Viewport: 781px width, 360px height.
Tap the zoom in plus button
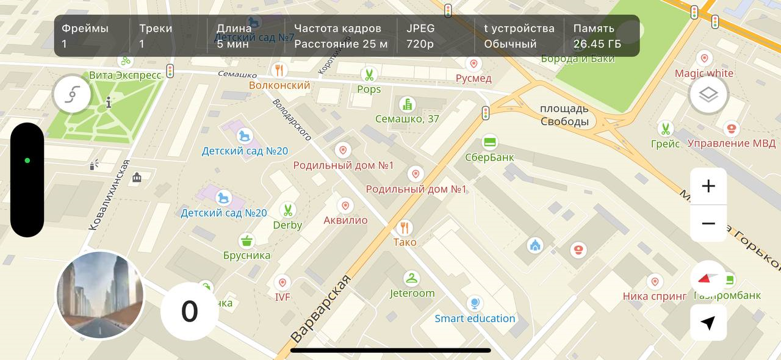[x=708, y=186]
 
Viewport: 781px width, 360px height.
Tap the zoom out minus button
[x=708, y=223]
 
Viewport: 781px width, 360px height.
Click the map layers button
[x=708, y=95]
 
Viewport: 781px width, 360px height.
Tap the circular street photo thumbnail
[x=100, y=295]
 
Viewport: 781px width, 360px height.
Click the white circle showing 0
[x=189, y=311]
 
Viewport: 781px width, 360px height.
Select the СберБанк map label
[x=489, y=157]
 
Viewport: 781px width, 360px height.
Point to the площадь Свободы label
[x=564, y=115]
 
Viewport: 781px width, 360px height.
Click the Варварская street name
[x=321, y=308]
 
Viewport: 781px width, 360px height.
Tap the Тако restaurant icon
[x=404, y=228]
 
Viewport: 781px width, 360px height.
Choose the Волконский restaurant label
[x=279, y=85]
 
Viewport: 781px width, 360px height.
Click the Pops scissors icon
[x=369, y=75]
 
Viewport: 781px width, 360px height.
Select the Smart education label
[x=475, y=319]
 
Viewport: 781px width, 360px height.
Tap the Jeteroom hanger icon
[x=412, y=278]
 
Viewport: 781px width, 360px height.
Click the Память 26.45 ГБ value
[x=597, y=44]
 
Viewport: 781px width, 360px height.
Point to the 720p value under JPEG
[x=420, y=44]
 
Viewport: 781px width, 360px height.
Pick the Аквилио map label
[x=345, y=220]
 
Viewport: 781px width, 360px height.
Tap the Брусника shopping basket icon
[x=247, y=240]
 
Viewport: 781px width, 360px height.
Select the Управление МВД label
[x=732, y=143]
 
